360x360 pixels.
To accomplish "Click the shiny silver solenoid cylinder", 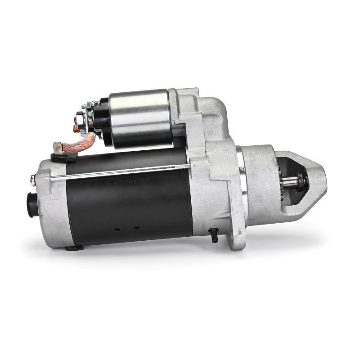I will (x=139, y=118).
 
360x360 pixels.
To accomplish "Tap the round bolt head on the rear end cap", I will (x=32, y=180).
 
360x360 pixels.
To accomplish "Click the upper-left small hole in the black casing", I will (x=112, y=183).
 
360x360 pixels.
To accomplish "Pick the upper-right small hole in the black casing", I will (x=132, y=182).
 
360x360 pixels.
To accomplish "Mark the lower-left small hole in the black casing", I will (x=117, y=229).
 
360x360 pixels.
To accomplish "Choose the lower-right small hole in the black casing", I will (x=137, y=228).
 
